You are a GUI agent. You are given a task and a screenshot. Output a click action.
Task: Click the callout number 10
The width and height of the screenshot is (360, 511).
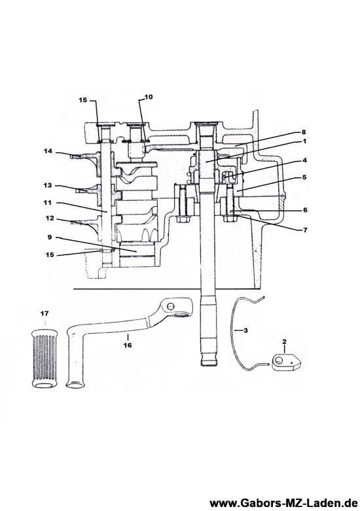click(149, 97)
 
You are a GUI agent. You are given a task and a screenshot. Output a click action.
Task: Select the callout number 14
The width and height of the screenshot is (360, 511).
click(48, 151)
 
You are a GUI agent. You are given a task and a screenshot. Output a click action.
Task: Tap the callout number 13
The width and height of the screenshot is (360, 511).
click(48, 185)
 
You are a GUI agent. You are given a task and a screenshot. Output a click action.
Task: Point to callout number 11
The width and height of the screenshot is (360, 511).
click(48, 202)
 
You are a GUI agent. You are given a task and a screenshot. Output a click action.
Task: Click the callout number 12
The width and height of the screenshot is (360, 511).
click(50, 219)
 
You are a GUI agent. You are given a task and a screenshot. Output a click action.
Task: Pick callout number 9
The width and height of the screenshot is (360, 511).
click(50, 238)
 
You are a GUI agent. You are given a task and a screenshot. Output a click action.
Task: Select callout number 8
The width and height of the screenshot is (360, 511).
click(304, 132)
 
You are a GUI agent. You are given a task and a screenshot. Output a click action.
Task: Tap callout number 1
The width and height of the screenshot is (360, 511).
click(304, 141)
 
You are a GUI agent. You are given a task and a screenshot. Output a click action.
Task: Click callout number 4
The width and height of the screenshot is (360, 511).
click(304, 160)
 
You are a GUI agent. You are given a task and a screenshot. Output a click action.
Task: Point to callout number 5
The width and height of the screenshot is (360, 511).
click(304, 177)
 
